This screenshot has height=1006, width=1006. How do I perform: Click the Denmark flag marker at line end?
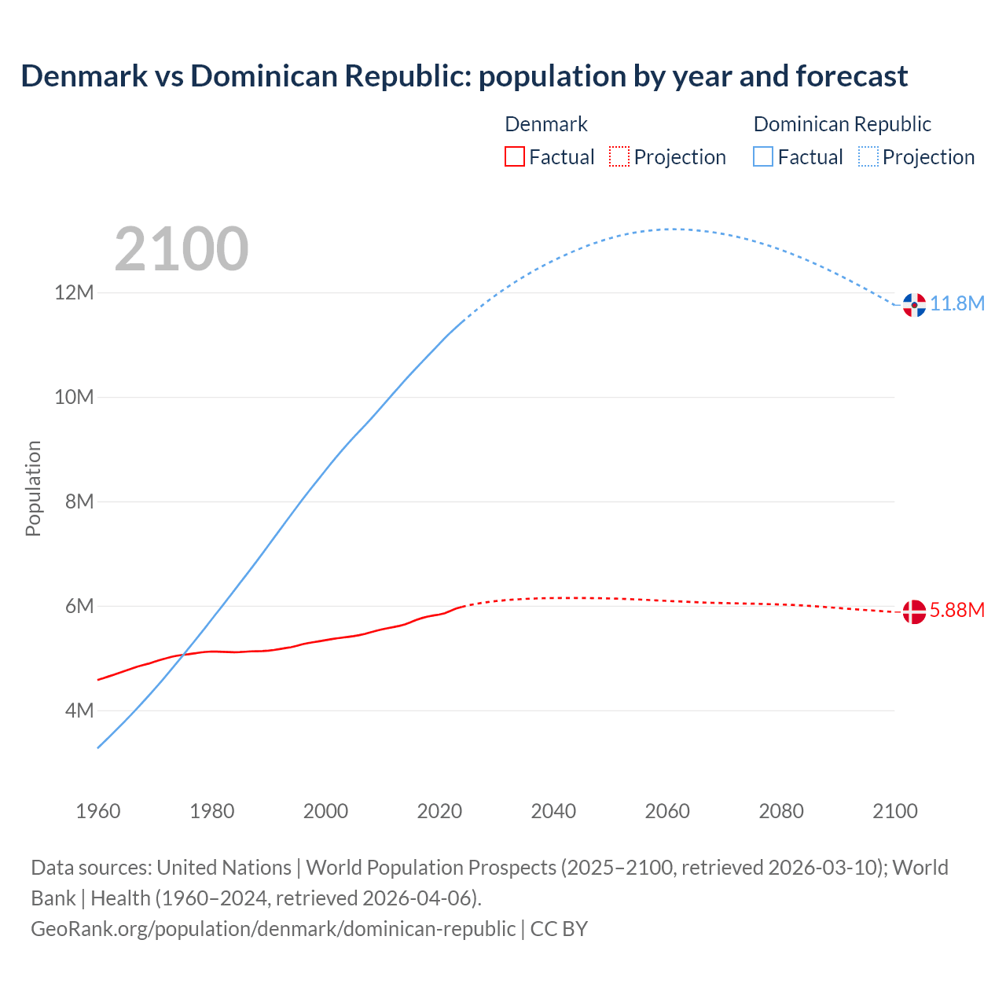click(x=914, y=611)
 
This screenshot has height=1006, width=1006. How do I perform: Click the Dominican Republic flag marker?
click(x=914, y=305)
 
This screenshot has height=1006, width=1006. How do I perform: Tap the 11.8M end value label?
click(x=957, y=304)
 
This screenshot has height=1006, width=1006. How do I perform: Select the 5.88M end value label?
click(x=957, y=611)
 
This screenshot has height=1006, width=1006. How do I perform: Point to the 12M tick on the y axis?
click(x=74, y=293)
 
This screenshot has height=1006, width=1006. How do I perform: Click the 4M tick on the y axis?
click(x=79, y=710)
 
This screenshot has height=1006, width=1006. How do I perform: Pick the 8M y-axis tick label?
click(x=79, y=501)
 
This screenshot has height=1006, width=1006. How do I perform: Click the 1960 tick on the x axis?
click(x=98, y=811)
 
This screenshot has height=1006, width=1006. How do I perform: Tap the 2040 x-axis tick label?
click(x=553, y=811)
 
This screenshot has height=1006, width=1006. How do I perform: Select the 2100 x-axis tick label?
click(x=895, y=811)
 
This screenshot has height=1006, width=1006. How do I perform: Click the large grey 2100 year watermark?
click(x=182, y=249)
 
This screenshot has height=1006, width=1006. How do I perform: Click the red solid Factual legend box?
click(x=514, y=157)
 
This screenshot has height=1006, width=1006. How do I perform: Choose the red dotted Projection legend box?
click(x=619, y=157)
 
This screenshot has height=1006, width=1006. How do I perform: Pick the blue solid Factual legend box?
click(x=763, y=157)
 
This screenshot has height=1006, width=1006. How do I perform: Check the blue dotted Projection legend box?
click(x=868, y=157)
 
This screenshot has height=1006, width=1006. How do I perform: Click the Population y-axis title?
click(x=33, y=488)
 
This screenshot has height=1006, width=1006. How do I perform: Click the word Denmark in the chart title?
click(x=84, y=76)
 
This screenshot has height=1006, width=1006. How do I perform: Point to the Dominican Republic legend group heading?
click(x=842, y=124)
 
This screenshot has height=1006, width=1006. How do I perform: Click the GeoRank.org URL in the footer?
click(x=273, y=929)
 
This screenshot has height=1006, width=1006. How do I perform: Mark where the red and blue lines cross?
click(x=184, y=654)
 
